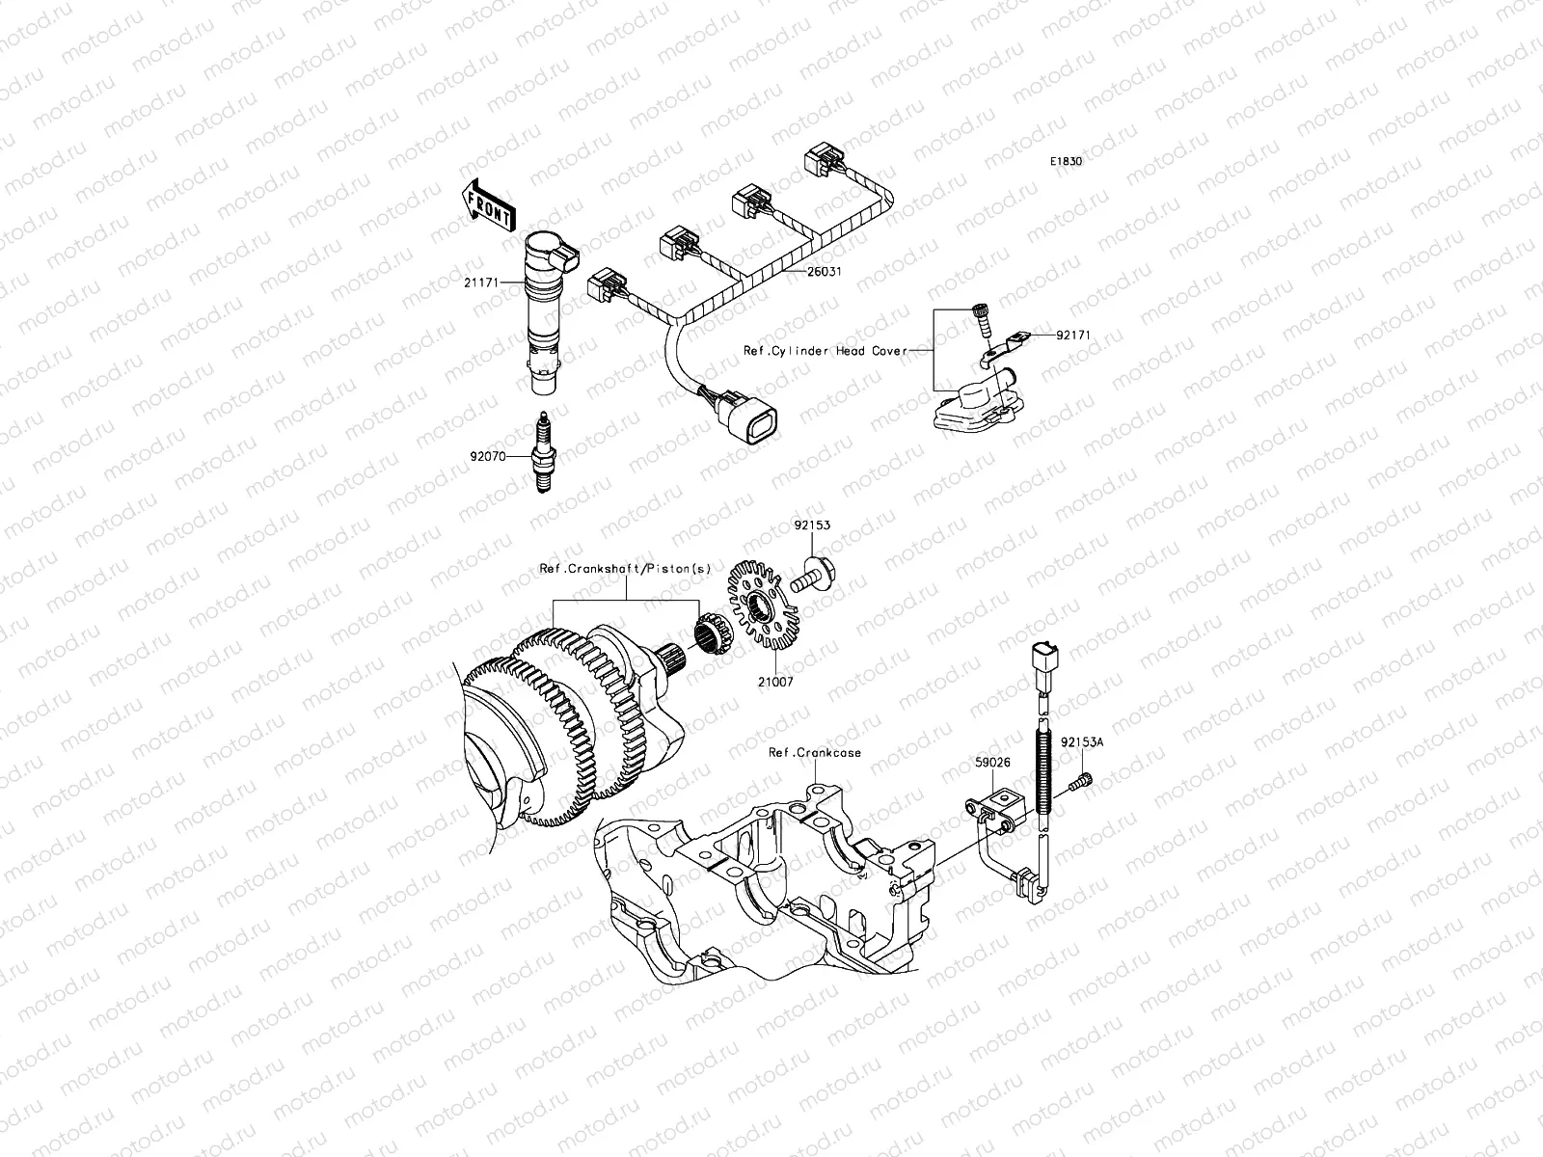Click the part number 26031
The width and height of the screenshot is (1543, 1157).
(823, 272)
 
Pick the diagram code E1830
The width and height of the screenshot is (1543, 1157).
(1067, 162)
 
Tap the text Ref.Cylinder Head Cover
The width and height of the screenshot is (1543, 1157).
(825, 351)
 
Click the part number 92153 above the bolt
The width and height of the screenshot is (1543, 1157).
(812, 526)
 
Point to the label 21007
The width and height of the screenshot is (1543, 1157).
(773, 681)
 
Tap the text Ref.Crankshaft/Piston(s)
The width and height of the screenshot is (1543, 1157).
(625, 569)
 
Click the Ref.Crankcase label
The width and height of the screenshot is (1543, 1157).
(815, 752)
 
